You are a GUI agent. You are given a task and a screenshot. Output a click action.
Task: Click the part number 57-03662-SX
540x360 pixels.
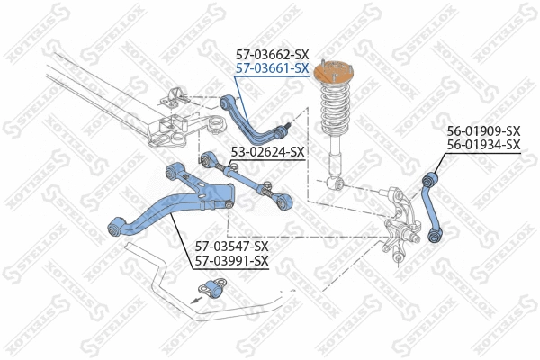pyautogui.click(x=273, y=55)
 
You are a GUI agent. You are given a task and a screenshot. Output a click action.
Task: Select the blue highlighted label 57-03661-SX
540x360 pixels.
pyautogui.click(x=273, y=67)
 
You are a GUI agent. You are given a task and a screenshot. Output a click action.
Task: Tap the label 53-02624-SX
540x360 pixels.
pyautogui.click(x=268, y=152)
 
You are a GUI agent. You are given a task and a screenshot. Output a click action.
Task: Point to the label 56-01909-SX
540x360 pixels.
pyautogui.click(x=484, y=131)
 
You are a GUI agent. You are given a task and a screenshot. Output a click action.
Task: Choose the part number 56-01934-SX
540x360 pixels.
pyautogui.click(x=484, y=144)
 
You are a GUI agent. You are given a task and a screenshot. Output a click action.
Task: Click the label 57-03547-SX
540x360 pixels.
pyautogui.click(x=232, y=246)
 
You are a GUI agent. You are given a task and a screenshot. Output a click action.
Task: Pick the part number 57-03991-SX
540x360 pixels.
pyautogui.click(x=232, y=260)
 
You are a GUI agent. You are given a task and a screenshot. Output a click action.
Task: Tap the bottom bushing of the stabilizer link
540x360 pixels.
pyautogui.click(x=436, y=236)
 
